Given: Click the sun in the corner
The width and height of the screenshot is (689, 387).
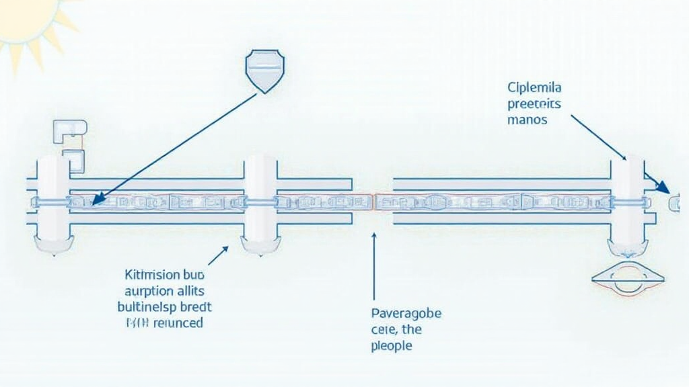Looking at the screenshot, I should pyautogui.click(x=27, y=20).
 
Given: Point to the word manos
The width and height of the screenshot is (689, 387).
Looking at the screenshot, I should pyautogui.click(x=529, y=120).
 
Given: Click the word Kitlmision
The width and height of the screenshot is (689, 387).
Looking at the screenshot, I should pyautogui.click(x=153, y=275).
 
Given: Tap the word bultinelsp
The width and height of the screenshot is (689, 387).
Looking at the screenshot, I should pyautogui.click(x=147, y=307).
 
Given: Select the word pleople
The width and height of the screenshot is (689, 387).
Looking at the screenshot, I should pyautogui.click(x=391, y=346).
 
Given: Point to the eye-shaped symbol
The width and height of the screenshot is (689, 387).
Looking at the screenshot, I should pyautogui.click(x=628, y=278).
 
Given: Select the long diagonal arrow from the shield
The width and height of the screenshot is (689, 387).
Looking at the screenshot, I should pyautogui.click(x=175, y=148).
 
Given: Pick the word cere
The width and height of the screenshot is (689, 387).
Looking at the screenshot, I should pyautogui.click(x=384, y=330).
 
